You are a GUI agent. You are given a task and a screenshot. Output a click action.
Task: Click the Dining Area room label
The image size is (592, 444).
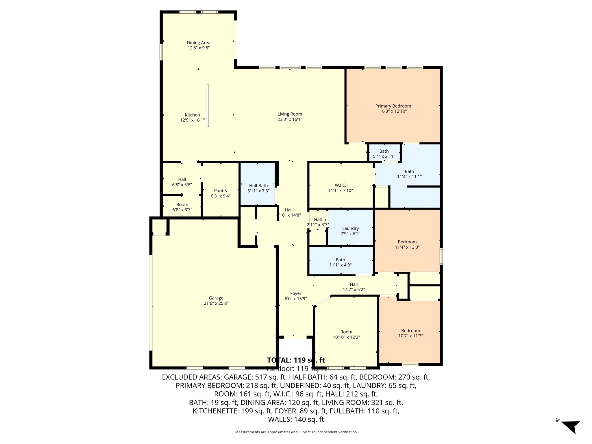(x=198, y=43)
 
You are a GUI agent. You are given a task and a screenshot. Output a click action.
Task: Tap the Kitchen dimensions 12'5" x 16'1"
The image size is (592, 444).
(x=192, y=120)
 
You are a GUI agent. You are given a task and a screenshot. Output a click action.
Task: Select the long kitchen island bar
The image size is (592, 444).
(x=208, y=106)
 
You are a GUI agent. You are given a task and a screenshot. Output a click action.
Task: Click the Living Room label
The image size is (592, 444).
(x=290, y=114)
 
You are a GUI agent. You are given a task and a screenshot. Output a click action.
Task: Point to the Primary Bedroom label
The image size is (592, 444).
(x=393, y=106)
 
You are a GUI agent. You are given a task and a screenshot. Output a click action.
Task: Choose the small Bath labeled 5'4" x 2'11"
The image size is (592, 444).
(x=384, y=153)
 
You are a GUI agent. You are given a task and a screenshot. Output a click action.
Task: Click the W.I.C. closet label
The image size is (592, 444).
(x=340, y=185)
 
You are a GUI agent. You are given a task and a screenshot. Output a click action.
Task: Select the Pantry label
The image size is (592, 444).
(x=221, y=191)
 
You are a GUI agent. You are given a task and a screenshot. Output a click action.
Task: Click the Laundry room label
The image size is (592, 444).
(x=350, y=228)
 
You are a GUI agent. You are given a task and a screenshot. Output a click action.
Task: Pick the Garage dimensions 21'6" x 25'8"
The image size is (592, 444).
(x=216, y=303)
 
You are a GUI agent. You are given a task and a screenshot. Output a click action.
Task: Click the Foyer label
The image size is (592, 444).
(x=295, y=293)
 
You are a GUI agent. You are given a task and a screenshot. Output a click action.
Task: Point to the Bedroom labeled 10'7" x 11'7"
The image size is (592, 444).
(x=410, y=333)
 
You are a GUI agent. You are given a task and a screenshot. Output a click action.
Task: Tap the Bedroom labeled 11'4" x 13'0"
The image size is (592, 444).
(x=407, y=245)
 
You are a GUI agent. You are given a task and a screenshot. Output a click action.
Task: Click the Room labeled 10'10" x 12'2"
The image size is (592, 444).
(x=346, y=334)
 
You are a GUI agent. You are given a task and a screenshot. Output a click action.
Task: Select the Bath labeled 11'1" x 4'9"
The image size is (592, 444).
(x=340, y=262)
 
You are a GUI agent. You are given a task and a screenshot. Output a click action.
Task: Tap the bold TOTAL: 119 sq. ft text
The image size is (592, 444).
(x=296, y=360)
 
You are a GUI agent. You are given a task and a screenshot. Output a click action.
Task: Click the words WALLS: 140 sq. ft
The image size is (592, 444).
(x=296, y=419)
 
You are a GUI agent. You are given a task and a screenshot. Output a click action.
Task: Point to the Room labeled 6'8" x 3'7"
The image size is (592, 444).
(x=182, y=207)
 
